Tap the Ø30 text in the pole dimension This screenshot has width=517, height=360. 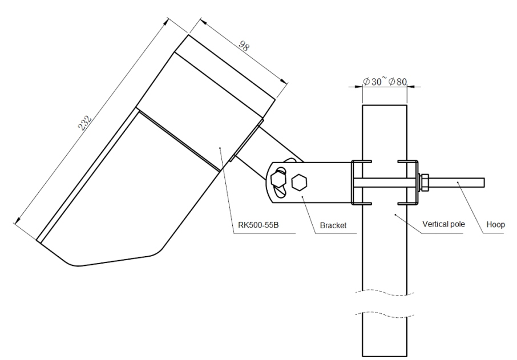[373, 82]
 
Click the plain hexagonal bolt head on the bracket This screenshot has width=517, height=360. [298, 183]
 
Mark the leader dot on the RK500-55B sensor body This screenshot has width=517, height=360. [220, 147]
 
